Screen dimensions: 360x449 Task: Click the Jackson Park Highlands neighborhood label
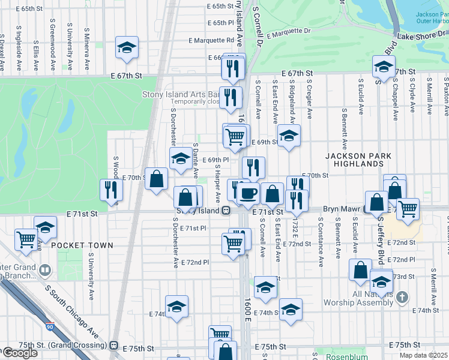click(x=358, y=160)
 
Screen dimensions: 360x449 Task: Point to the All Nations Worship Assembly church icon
click(x=402, y=297)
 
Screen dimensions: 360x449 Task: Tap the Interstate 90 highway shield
click(x=49, y=326)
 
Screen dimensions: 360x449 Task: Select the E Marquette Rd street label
click(x=211, y=41)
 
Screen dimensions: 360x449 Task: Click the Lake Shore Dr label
click(x=423, y=37)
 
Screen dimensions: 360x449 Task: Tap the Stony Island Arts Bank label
click(x=180, y=94)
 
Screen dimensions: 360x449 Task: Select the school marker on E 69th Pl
click(x=179, y=159)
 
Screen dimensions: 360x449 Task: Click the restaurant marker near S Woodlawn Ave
click(x=111, y=189)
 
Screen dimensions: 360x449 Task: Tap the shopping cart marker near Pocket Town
click(x=26, y=239)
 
